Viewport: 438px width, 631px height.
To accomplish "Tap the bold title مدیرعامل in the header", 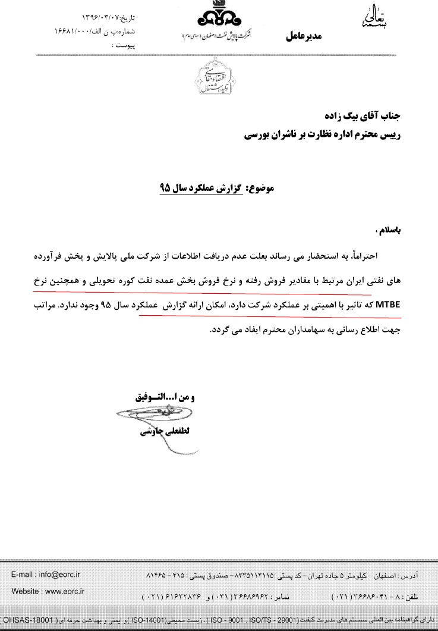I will click(x=304, y=37).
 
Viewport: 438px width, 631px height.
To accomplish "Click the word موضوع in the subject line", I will click(x=260, y=189).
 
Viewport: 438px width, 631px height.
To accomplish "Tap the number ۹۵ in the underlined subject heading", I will click(x=165, y=189).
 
